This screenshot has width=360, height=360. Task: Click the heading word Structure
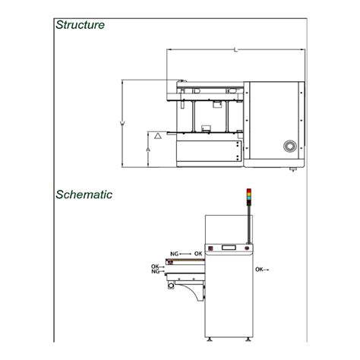tap(80, 25)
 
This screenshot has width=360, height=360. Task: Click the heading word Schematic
tap(84, 194)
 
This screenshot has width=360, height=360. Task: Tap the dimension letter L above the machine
tap(235, 49)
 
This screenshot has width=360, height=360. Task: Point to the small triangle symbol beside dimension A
tap(158, 136)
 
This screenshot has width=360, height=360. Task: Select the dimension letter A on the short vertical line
tap(148, 150)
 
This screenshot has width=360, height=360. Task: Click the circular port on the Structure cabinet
tap(290, 146)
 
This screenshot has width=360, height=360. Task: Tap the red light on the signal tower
tap(249, 191)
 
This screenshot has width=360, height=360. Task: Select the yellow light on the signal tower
tap(249, 194)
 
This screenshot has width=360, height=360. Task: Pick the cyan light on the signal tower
tap(249, 198)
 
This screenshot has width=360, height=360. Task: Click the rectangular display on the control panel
tap(229, 248)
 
